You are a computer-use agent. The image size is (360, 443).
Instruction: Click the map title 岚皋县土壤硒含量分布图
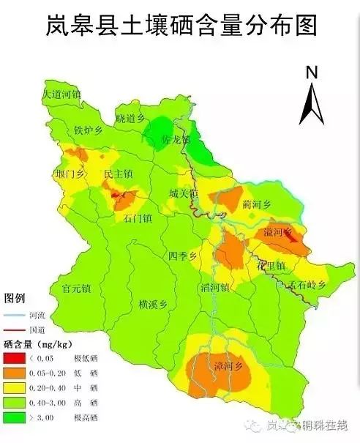(181, 26)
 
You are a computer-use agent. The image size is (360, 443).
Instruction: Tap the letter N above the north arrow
(311, 72)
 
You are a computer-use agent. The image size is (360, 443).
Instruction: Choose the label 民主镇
(118, 174)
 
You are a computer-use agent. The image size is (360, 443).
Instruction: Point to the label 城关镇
(183, 194)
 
